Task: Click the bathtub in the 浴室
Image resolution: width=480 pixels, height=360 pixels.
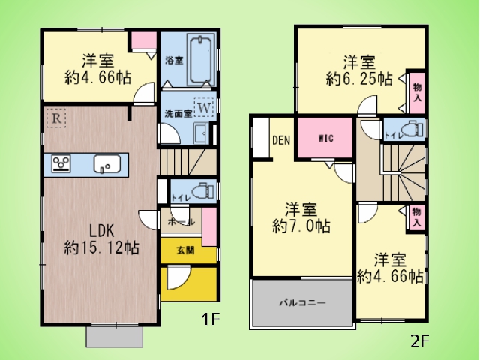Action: [200, 60]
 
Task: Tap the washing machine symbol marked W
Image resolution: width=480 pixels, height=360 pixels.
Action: [204, 106]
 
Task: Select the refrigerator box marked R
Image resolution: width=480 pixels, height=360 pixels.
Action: [56, 118]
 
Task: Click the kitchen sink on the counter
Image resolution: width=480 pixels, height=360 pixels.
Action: [106, 164]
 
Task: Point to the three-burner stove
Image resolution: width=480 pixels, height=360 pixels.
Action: [61, 163]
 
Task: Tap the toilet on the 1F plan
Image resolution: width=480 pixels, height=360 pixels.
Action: [203, 191]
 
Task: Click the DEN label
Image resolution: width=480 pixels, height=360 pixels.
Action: [281, 140]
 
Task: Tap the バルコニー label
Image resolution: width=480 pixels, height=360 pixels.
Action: [302, 303]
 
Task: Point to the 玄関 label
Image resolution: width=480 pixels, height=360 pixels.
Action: [185, 250]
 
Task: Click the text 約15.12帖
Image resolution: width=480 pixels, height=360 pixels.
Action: [102, 247]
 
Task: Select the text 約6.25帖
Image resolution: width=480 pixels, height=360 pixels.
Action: [359, 79]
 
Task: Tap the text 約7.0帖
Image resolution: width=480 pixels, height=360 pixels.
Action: [301, 226]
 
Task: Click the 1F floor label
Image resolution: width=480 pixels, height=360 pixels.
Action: [210, 319]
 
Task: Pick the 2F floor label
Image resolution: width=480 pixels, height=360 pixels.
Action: [419, 340]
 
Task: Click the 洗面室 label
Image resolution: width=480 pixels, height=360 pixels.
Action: [178, 114]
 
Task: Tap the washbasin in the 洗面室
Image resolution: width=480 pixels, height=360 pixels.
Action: [202, 133]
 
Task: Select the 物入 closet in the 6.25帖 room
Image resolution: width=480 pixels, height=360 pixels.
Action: [417, 93]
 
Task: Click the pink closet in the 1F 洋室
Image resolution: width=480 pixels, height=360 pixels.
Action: [144, 40]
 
